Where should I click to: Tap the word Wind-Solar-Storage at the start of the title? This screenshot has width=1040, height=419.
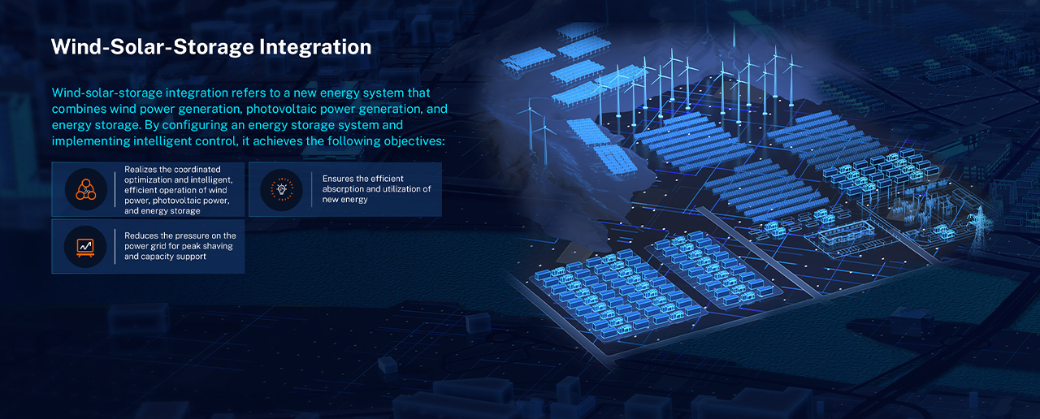(x=153, y=47)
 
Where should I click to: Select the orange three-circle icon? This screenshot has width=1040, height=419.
(x=86, y=189)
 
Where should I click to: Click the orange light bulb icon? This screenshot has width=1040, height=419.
(x=282, y=189)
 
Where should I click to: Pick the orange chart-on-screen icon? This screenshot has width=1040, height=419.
(x=85, y=248)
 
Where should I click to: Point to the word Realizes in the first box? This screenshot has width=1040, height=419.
(x=141, y=170)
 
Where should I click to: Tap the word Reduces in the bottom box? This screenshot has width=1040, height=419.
(x=141, y=235)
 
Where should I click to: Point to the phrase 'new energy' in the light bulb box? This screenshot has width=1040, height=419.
(x=345, y=200)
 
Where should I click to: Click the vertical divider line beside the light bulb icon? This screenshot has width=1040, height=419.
(x=311, y=189)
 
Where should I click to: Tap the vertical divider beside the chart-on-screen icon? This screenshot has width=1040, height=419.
(x=115, y=246)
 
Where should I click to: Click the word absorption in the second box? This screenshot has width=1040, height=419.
(x=343, y=189)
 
